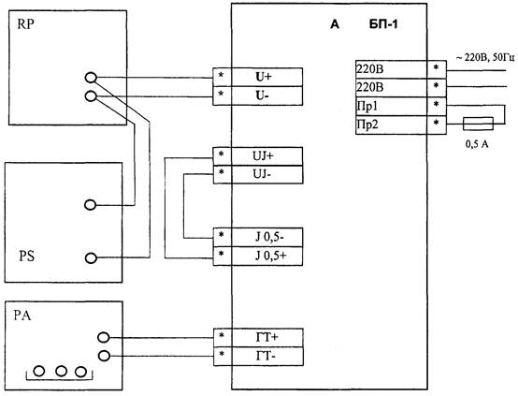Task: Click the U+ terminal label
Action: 264,77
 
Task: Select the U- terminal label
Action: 262,95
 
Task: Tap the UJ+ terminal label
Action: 263,155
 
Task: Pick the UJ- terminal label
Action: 262,174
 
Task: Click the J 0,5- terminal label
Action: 269,237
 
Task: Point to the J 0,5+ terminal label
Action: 270,256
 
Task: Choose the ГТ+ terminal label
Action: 266,337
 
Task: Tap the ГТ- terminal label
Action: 266,356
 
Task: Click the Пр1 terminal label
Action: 367,106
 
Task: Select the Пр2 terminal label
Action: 367,125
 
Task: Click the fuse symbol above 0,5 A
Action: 479,124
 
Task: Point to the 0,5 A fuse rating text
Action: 477,144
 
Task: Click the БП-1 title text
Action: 383,24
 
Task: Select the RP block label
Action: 25,24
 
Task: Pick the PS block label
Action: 26,257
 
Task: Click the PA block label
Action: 22,315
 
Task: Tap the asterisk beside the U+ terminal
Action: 221,76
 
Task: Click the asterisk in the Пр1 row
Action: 436,105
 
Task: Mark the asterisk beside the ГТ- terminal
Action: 222,354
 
